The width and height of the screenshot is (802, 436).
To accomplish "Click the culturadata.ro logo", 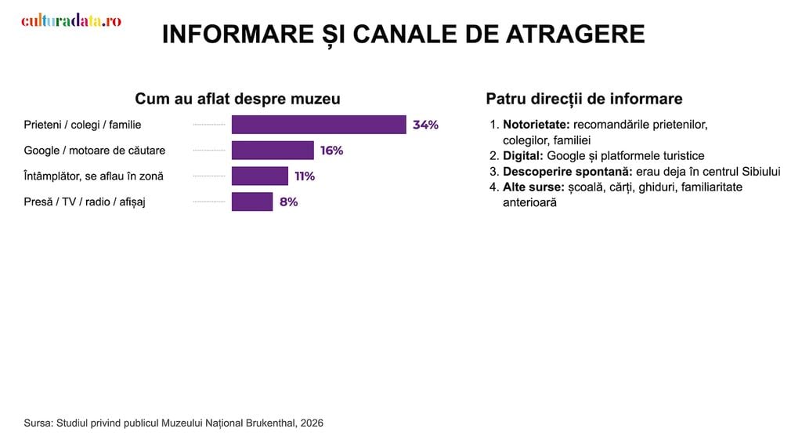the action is coord(71,20).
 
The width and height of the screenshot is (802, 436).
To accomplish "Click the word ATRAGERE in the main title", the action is coord(576,35).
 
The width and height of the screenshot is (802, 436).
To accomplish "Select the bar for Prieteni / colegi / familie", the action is coord(319,125).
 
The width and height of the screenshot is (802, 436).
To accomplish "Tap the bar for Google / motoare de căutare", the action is coord(273,150).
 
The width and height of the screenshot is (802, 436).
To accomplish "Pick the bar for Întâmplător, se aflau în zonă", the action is coord(260,176).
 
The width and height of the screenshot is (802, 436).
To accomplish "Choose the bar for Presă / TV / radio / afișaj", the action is coord(252,202).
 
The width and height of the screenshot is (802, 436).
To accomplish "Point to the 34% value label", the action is coord(425,125).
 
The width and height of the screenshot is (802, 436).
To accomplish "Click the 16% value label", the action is coord(331,150).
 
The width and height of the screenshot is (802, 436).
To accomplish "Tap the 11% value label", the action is coord(305,176).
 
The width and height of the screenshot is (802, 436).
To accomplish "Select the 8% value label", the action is coord(288,202).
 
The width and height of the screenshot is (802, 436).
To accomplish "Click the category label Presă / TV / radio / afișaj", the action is coord(85,202).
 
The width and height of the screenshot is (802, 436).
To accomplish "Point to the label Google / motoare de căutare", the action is coord(95,150).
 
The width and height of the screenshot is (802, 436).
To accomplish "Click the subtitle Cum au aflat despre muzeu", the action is coord(237,98).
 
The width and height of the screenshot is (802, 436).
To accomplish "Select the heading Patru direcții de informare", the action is coord(584,99).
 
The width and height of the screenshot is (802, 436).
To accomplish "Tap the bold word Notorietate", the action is coord(536,125).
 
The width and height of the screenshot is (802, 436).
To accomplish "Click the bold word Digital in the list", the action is coord(522,156).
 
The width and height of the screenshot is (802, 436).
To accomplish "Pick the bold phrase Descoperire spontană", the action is coord(568,172).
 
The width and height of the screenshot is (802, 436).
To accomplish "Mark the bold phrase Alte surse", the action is coord(533,187).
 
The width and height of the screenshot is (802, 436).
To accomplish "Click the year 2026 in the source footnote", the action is coord(312,423).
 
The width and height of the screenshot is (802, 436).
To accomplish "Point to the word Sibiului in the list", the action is coord(761,172).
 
